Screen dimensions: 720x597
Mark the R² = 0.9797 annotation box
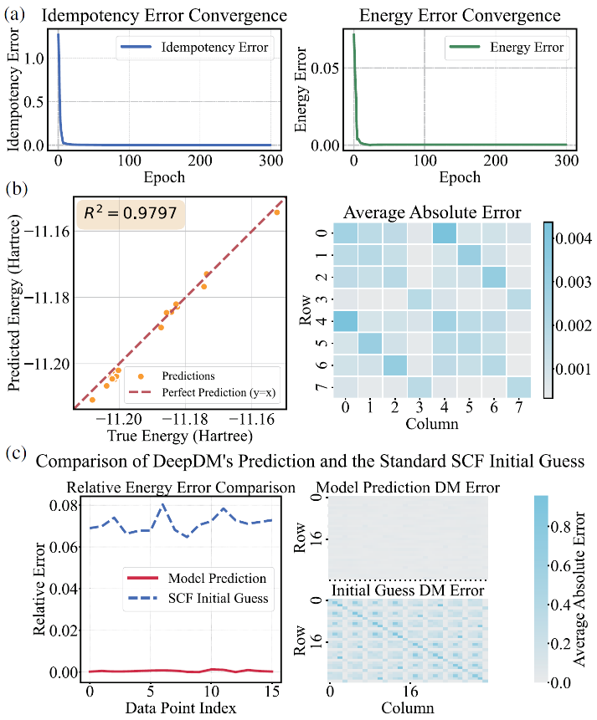pyautogui.click(x=131, y=215)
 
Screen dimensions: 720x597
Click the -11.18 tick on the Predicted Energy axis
pyautogui.click(x=44, y=297)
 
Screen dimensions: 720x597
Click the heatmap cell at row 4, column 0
pyautogui.click(x=346, y=319)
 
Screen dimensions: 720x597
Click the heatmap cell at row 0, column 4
pyautogui.click(x=445, y=233)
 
